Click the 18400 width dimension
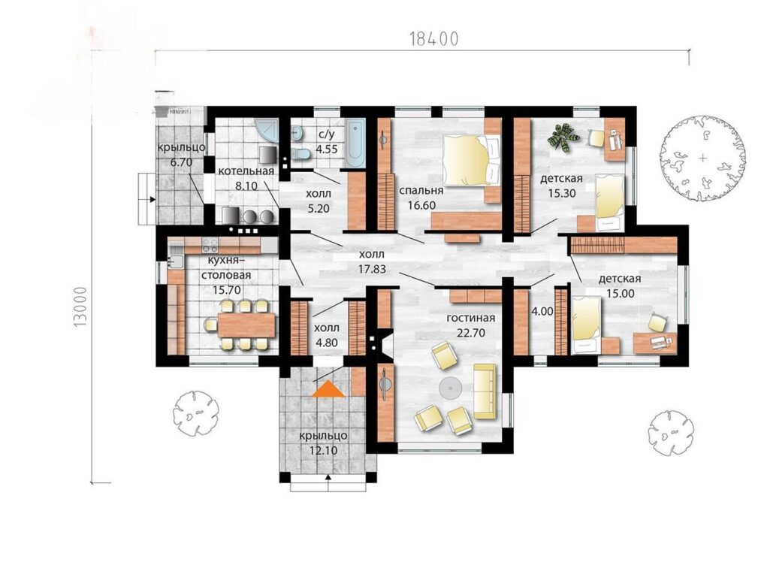[x=434, y=38]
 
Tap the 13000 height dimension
[x=81, y=307]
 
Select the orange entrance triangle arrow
[x=328, y=389]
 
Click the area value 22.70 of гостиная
[x=471, y=333]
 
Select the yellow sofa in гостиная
[x=485, y=391]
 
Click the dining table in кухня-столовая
[x=246, y=325]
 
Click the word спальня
[x=421, y=190]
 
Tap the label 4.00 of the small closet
[x=542, y=311]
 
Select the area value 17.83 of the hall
[x=373, y=268]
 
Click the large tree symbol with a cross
[x=702, y=158]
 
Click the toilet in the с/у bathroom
[x=302, y=153]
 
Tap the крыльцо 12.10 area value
[x=323, y=451]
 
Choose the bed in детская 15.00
[x=587, y=326]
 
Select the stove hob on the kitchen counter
[x=212, y=241]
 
